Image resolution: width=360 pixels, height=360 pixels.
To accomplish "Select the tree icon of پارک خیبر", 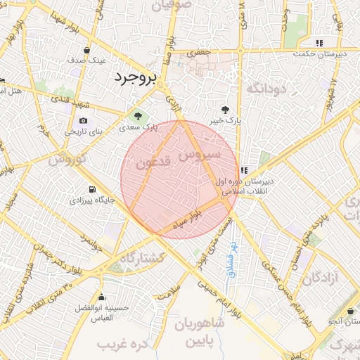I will pos(225,109).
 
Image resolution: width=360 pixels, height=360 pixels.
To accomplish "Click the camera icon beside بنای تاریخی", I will pos(84,121).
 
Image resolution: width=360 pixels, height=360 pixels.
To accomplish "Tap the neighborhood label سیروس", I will pos(200,154).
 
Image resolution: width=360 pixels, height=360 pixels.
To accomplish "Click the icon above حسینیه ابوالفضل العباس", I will pos(103,296).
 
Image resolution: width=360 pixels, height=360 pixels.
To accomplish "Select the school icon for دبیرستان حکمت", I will pos(320,42).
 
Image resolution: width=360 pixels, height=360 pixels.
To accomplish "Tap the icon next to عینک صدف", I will pos(86,51).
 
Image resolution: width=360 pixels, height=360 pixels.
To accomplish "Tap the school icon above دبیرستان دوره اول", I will pos(244,170).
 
